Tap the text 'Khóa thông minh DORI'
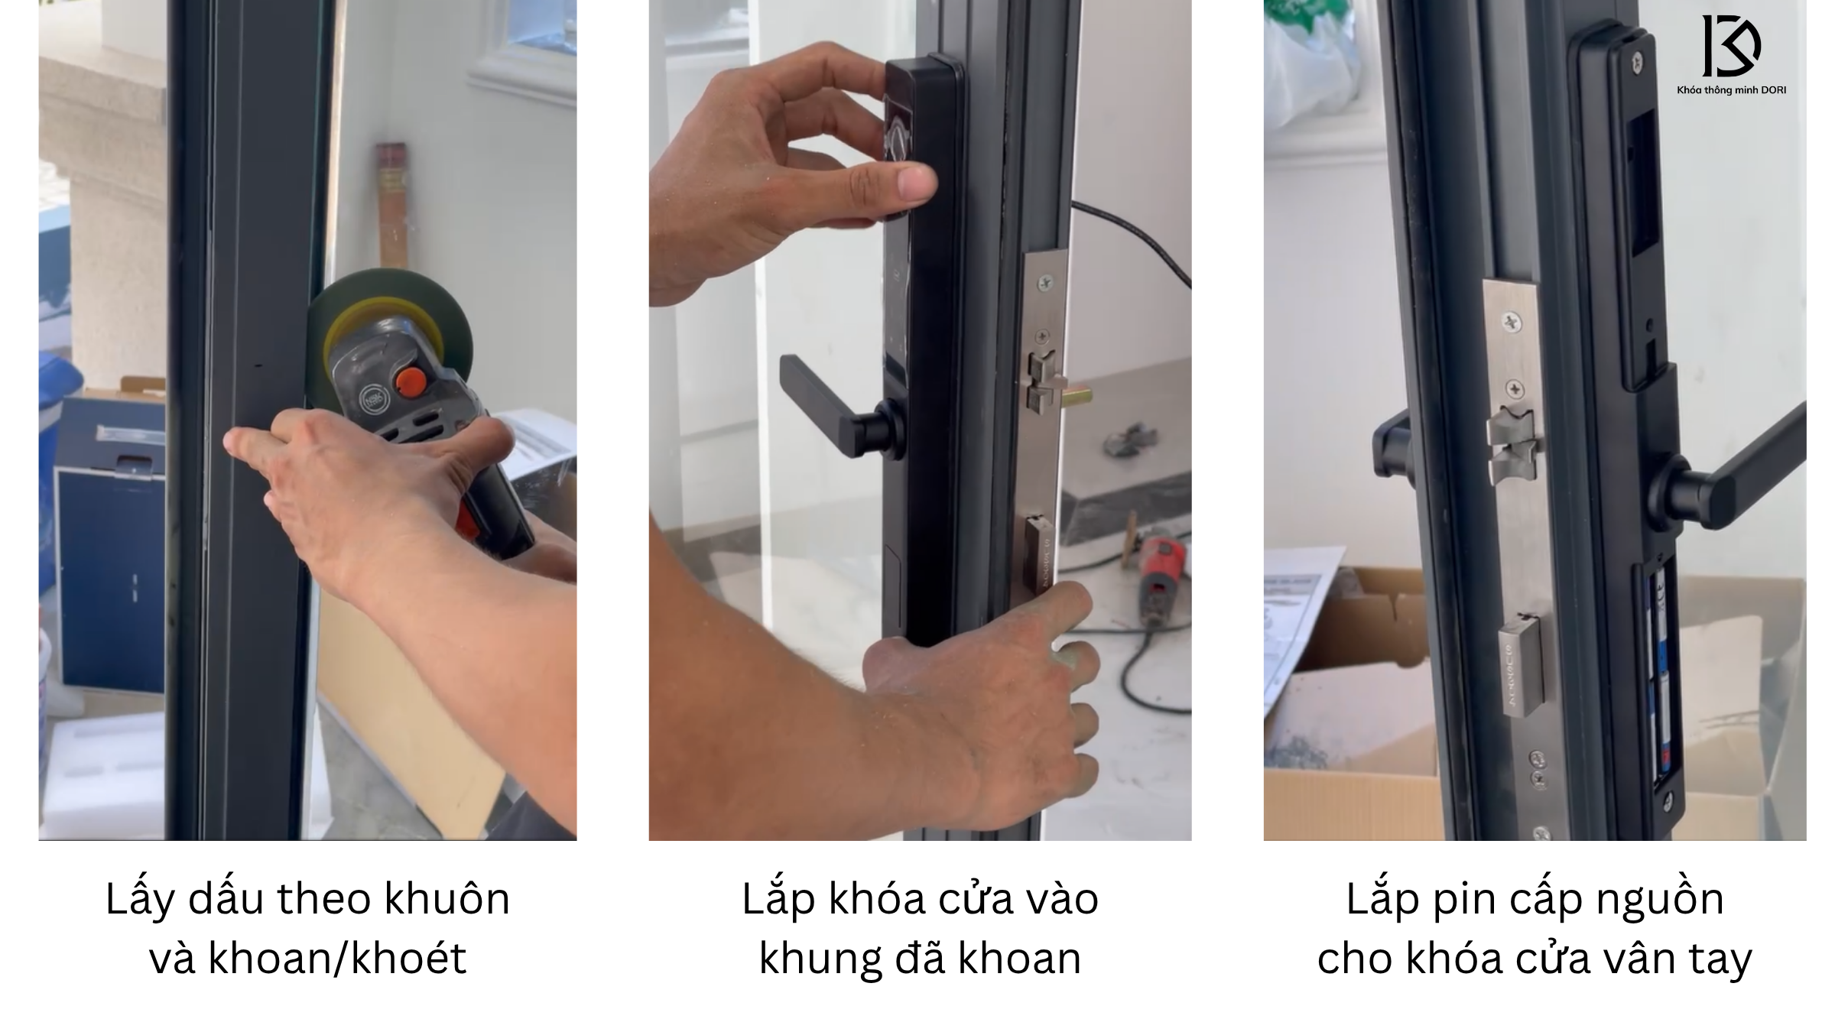click(x=1731, y=90)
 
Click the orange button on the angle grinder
click(x=411, y=380)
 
